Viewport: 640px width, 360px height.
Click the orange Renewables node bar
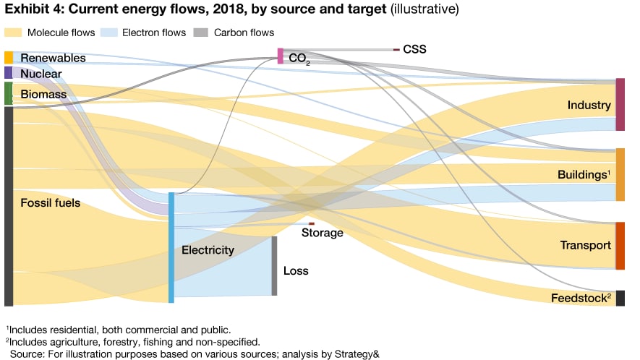8,57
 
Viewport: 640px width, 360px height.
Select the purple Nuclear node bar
8,73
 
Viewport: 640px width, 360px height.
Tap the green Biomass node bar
8,93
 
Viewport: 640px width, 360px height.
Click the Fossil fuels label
50,203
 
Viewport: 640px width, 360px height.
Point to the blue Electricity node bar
171,247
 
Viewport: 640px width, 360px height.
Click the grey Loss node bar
274,265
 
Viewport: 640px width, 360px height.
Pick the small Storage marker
312,224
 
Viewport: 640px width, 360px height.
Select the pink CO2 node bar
281,56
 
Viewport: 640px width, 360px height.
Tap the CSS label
415,50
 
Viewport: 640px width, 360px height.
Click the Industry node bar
620,104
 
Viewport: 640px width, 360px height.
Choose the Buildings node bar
620,174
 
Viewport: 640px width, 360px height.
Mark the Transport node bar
620,246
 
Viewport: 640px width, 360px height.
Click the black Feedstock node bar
620,298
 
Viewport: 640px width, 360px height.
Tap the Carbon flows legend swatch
203,33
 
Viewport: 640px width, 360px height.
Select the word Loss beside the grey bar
296,271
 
